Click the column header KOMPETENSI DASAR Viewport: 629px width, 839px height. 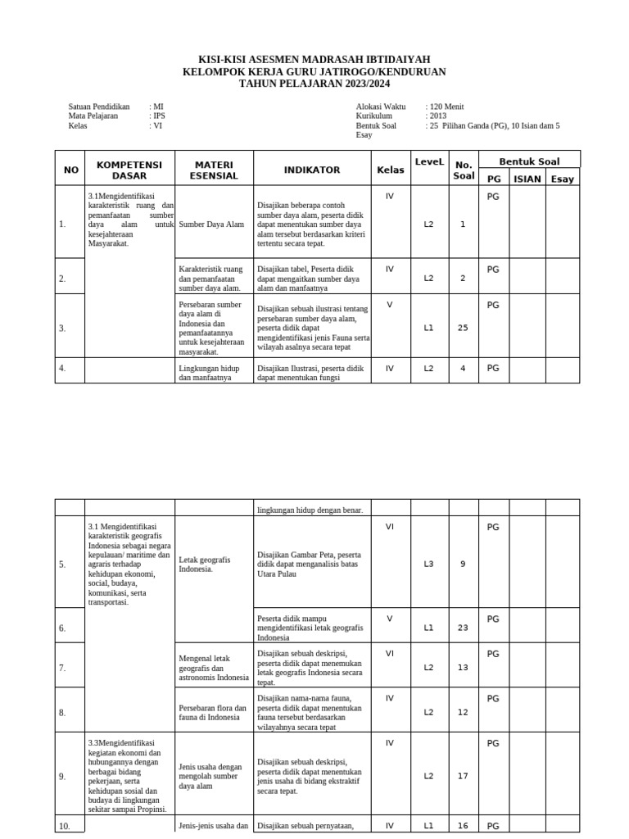pos(129,170)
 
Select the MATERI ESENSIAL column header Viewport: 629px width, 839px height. pos(214,170)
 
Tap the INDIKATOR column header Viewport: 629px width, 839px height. pos(311,170)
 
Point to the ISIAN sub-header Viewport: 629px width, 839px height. pos(527,179)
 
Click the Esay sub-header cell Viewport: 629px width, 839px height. pos(563,179)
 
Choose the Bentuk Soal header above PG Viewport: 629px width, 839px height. pos(529,161)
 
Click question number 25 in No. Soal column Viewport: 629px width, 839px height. pos(463,328)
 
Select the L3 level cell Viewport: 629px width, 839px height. pos(428,563)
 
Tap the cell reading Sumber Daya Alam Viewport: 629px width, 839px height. pos(211,224)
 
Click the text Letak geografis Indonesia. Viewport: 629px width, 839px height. pos(205,564)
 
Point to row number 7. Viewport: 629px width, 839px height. pos(62,668)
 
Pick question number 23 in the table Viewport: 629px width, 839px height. pos(463,628)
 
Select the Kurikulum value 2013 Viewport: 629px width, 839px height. pos(438,116)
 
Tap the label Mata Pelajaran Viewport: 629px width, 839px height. pos(93,116)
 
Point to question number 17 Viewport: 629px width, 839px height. pos(463,775)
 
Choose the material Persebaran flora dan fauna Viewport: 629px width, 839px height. pos(212,712)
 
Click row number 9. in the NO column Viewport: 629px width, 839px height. pos(62,777)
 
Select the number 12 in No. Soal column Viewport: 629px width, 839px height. pos(463,712)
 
